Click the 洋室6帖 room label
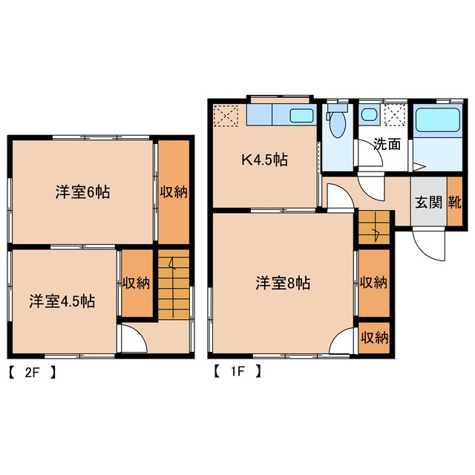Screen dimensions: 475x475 coord(82,191)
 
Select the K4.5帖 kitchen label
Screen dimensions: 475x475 coord(263,159)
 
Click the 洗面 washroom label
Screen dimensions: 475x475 coord(387,144)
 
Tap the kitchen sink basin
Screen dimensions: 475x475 coord(301,116)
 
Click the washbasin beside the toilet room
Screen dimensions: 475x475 coord(368,116)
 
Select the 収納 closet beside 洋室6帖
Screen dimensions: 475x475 coord(173,191)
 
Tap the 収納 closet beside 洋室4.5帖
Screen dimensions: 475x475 coord(137,283)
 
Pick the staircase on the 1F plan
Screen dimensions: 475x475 coord(374,228)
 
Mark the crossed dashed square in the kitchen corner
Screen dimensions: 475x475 coord(226,116)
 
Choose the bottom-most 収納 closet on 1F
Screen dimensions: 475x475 coord(374,337)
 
